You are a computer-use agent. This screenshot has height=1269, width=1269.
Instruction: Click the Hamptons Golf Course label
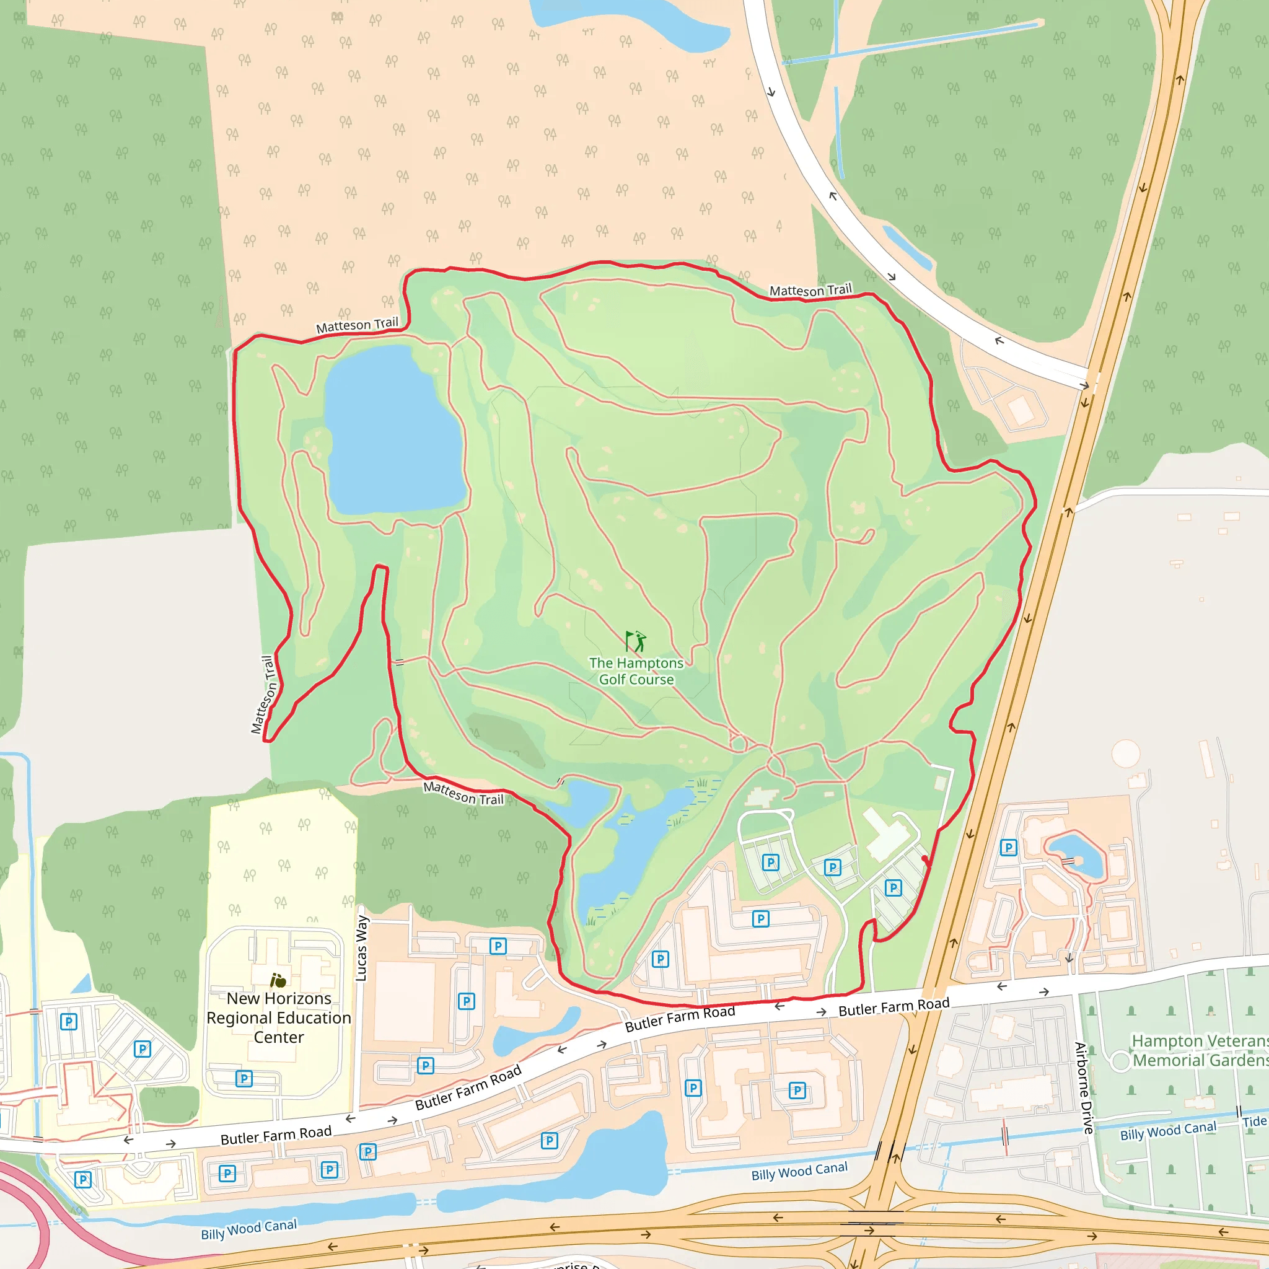coord(636,671)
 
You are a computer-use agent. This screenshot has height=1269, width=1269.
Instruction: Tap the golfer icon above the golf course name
coord(635,641)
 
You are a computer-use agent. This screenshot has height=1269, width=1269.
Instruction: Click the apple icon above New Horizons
coord(278,981)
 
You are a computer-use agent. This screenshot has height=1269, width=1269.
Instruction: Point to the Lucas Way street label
coord(361,949)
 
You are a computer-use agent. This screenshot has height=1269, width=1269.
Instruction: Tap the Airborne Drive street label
coord(1084,1087)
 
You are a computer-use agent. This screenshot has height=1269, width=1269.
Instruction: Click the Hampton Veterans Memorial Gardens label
coord(1200,1050)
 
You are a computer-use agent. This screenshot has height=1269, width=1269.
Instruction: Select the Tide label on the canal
coord(1254,1121)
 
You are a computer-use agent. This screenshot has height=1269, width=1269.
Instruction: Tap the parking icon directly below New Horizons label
coord(244,1079)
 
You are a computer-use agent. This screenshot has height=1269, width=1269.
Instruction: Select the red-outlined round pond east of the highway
coord(1076,854)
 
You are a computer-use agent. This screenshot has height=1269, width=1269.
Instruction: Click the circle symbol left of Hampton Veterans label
coord(1120,1060)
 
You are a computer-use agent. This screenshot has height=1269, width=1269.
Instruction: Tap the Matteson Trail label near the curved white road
coord(810,289)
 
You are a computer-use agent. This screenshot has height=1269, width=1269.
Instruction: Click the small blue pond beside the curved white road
coord(907,248)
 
